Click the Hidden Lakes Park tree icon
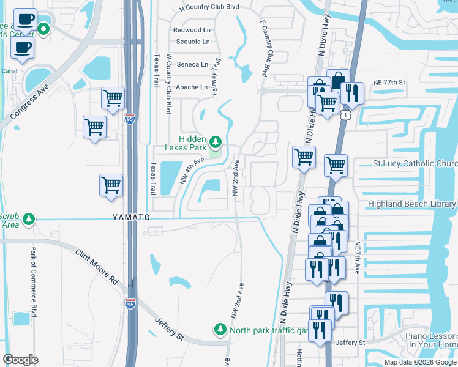(x=215, y=143)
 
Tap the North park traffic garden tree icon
(x=220, y=330)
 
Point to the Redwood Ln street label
(x=191, y=30)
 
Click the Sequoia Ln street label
(x=192, y=42)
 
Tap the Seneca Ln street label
(x=192, y=64)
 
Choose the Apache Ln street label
(x=191, y=87)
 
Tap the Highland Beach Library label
(x=412, y=204)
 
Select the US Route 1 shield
(x=347, y=115)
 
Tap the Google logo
(x=20, y=360)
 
